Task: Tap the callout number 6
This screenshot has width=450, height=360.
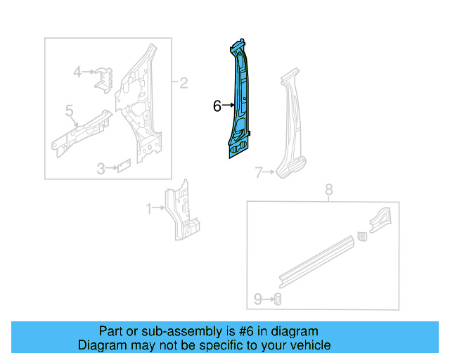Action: [217, 106]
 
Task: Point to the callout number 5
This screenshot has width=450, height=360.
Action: [70, 110]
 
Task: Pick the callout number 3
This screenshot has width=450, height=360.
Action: [101, 169]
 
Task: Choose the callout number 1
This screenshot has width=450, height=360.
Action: [149, 208]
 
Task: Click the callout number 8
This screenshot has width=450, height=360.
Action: [328, 189]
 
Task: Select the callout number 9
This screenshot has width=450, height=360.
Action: [257, 300]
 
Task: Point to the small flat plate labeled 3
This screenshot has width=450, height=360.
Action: [123, 167]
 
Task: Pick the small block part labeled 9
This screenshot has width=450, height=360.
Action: [277, 300]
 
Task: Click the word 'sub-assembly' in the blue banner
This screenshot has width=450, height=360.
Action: [165, 331]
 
